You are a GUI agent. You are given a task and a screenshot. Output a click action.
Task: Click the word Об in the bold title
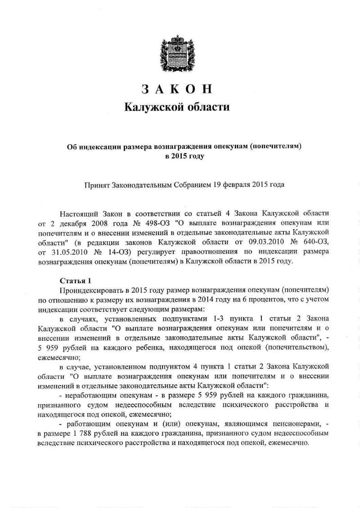[x=72, y=146]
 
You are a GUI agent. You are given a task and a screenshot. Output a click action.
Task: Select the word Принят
[x=98, y=184]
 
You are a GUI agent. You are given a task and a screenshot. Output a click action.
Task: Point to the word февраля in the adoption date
[x=234, y=184]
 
